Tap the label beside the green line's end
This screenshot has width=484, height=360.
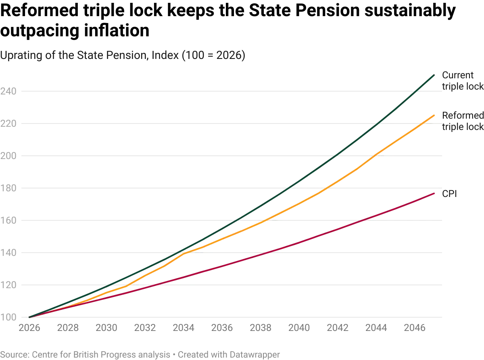tap(462, 81)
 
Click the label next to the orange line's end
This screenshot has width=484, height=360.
tap(462, 121)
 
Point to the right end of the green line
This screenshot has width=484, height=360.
tap(434, 75)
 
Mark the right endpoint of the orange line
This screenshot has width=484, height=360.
tap(434, 115)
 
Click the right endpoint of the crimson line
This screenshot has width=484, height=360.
tap(434, 193)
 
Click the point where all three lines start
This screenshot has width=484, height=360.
tap(30, 318)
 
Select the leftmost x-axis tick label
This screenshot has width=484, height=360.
tap(30, 328)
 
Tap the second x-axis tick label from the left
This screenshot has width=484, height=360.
tap(68, 328)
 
